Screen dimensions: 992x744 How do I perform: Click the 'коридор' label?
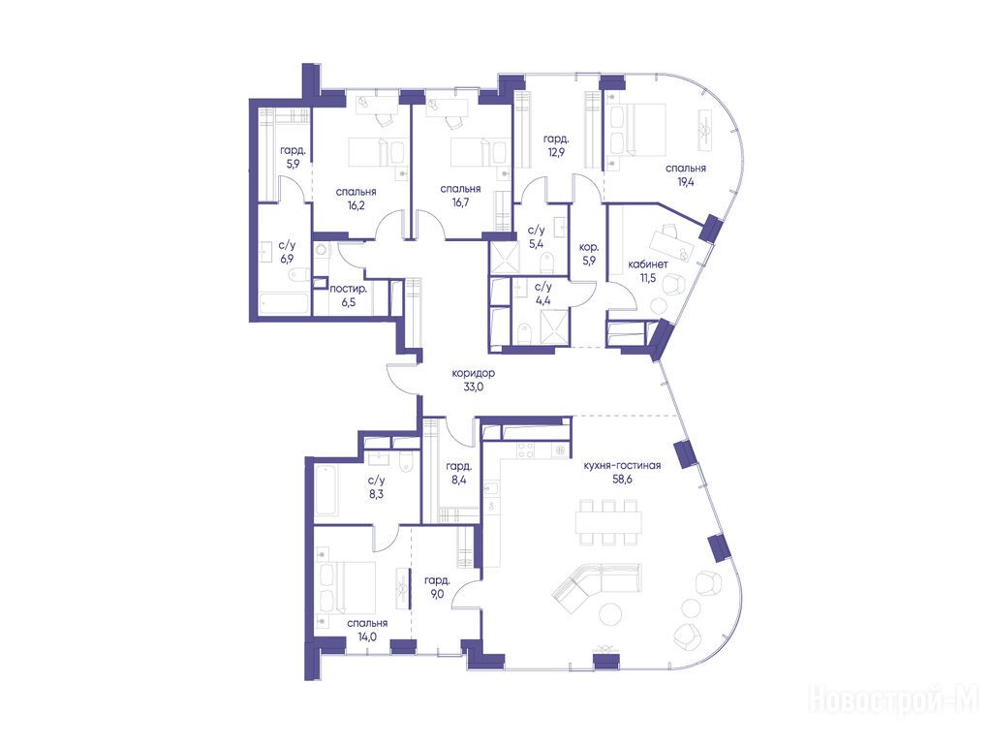click(473, 373)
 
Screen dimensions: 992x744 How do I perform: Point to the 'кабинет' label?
click(648, 264)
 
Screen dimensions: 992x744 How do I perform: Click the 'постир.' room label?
click(349, 289)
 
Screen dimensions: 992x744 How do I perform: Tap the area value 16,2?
click(356, 205)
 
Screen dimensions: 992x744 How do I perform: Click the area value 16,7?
click(460, 202)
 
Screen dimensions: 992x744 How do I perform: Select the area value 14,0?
click(367, 636)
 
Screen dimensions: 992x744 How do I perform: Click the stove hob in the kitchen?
click(526, 449)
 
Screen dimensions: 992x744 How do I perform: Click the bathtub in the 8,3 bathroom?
click(327, 489)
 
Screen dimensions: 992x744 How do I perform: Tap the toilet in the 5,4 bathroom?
click(546, 260)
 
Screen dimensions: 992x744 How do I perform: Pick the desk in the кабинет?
click(668, 242)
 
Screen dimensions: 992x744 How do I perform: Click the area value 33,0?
click(473, 387)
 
